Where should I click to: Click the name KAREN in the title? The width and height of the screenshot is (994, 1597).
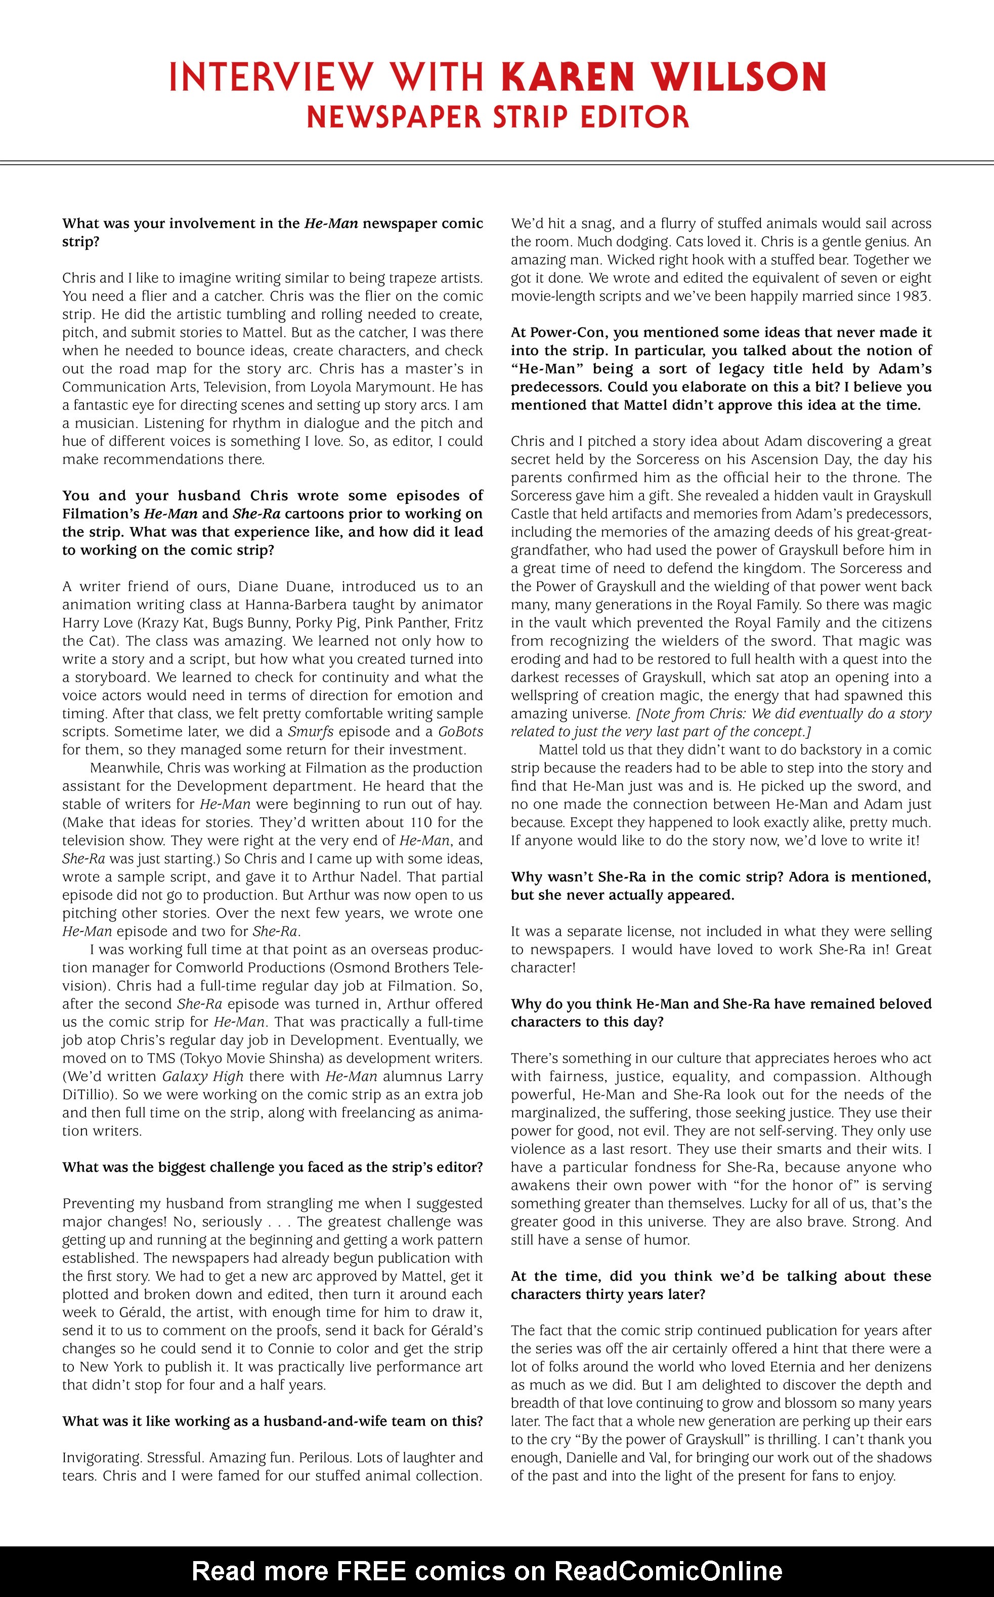568,77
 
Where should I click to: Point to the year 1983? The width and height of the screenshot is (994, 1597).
913,297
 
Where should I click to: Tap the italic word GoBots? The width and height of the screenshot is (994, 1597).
460,732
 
